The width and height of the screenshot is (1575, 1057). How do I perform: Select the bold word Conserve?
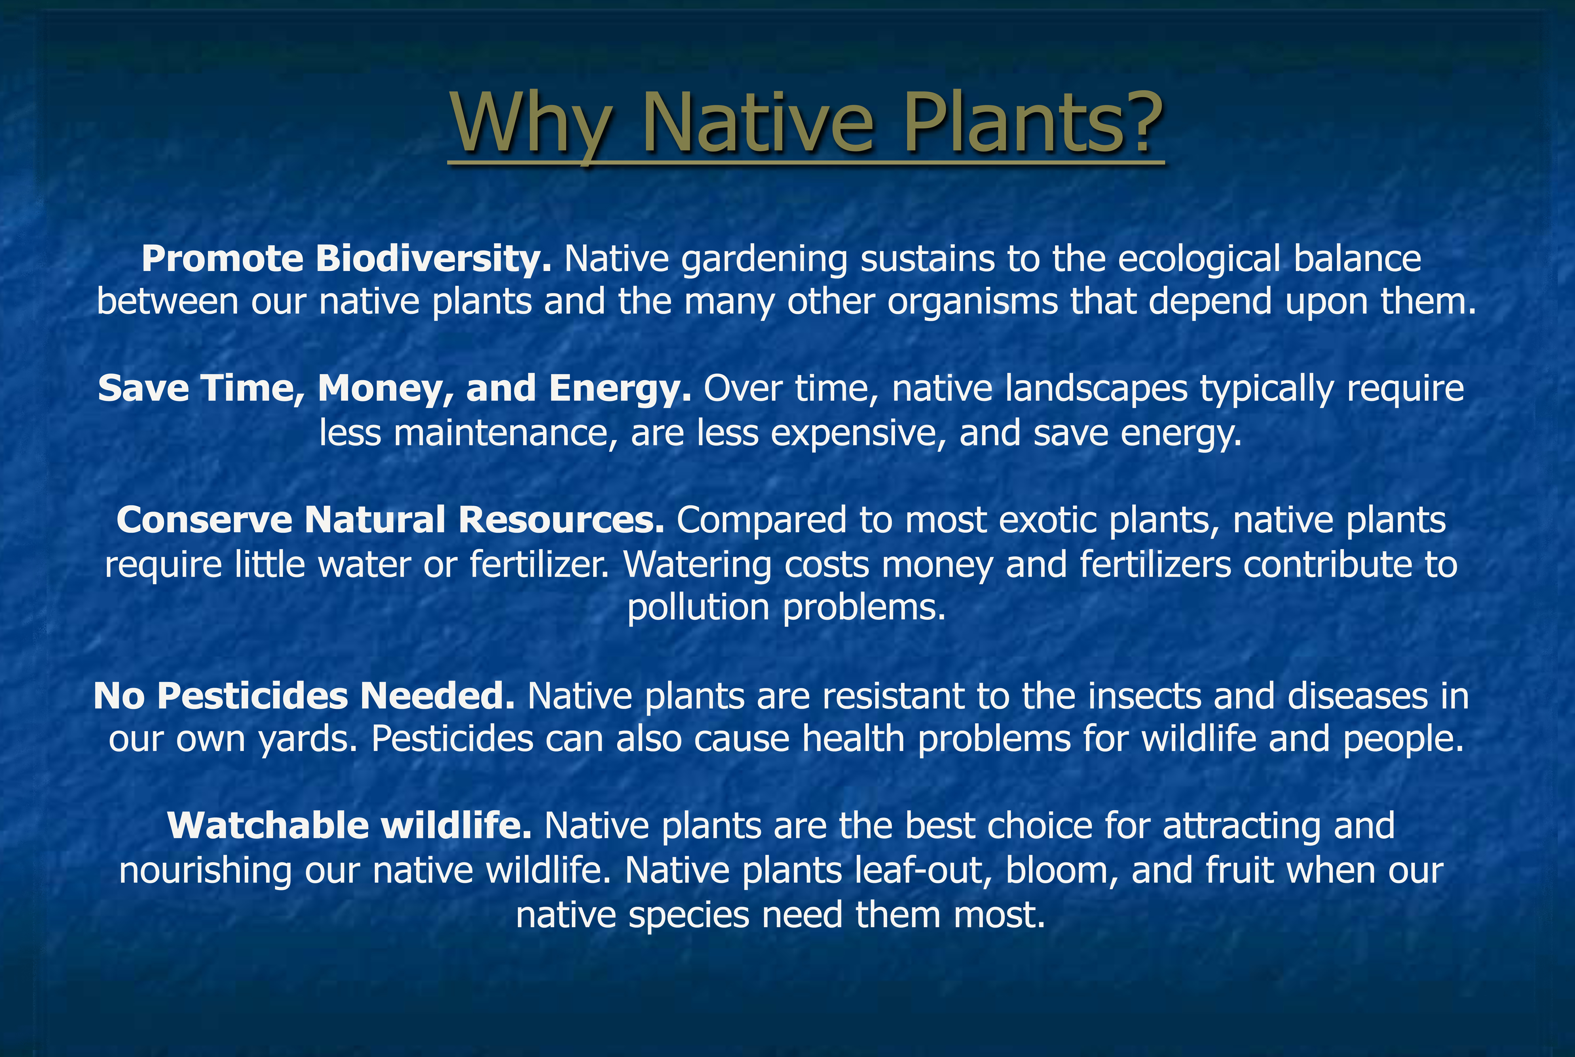[x=204, y=520]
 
